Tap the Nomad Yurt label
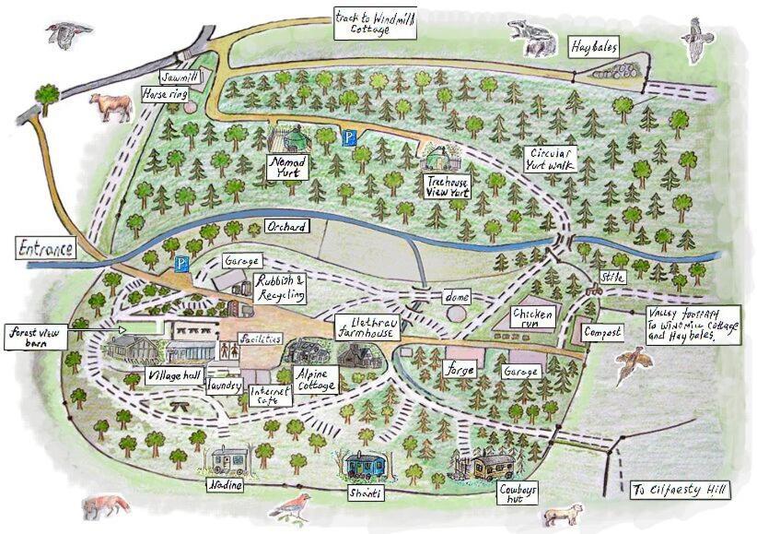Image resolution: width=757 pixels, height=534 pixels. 288,166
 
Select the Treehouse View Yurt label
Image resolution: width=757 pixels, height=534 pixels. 448,187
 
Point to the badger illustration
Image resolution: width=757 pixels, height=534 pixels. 532,39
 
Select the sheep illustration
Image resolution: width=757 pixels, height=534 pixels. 562,513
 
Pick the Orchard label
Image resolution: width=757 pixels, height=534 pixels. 285,226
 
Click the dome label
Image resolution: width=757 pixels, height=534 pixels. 457,297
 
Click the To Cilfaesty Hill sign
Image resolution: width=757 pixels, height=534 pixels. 680,491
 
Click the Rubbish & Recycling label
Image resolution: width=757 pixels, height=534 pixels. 279,289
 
